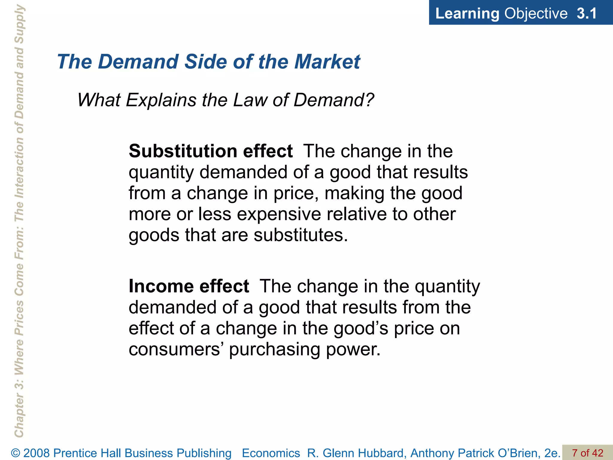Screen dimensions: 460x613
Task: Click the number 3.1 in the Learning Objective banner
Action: (x=587, y=13)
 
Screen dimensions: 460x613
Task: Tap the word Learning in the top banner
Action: (x=467, y=13)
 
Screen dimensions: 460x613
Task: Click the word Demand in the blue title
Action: (x=138, y=62)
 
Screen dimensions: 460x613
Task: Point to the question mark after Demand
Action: (x=369, y=100)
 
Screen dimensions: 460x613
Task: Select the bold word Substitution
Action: (x=183, y=151)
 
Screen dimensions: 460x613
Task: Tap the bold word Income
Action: (x=161, y=286)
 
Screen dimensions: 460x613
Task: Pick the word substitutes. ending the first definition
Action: (x=301, y=235)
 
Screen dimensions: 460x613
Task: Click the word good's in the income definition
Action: (x=361, y=328)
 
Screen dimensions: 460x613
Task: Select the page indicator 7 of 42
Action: (x=588, y=453)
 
